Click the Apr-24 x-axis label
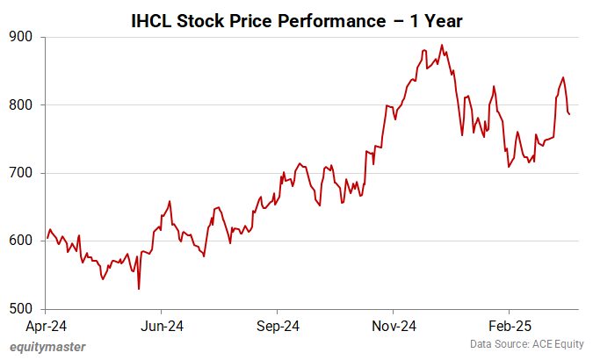coord(46,326)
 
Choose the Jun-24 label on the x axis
coord(162,326)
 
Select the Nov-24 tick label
coord(393,326)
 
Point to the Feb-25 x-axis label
coord(509,326)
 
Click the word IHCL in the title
coord(152,18)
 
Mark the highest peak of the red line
coord(442,45)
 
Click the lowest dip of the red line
coord(139,289)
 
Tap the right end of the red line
coord(569,114)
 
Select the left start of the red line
coord(46,240)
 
